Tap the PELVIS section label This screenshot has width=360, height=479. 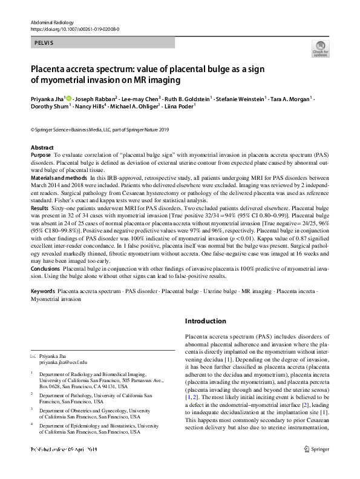[x=44, y=42]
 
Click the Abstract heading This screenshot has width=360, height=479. [x=42, y=148]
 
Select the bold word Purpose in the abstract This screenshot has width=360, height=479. [x=41, y=156]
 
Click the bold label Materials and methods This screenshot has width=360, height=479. [x=58, y=178]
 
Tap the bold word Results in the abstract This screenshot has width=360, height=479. [x=39, y=208]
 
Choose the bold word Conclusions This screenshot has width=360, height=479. [x=45, y=268]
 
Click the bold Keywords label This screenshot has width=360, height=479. [x=43, y=291]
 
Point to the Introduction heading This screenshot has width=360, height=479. [x=206, y=321]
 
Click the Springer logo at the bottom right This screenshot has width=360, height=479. [x=318, y=466]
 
